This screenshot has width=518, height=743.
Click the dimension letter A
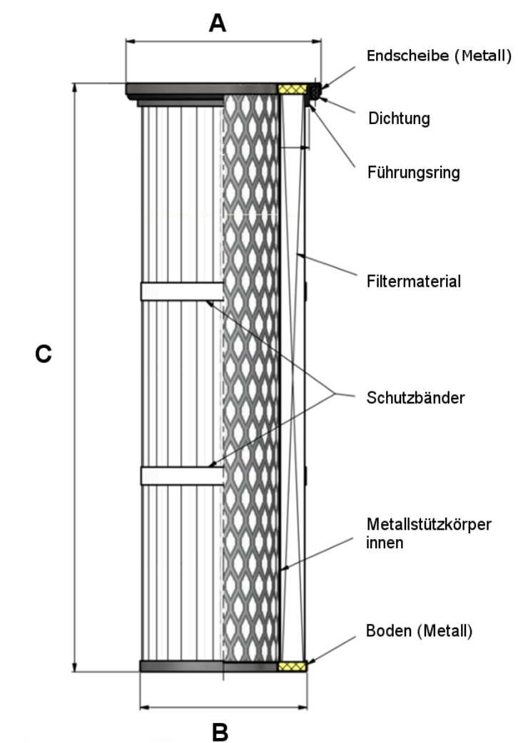pyautogui.click(x=217, y=24)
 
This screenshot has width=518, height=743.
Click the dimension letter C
pyautogui.click(x=44, y=354)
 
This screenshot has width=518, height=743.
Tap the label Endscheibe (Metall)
pyautogui.click(x=438, y=55)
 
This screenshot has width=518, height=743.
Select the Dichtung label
pyautogui.click(x=399, y=118)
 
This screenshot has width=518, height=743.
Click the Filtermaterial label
pyautogui.click(x=415, y=281)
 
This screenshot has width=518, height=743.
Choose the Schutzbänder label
pyautogui.click(x=416, y=397)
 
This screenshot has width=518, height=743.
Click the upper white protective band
pyautogui.click(x=182, y=291)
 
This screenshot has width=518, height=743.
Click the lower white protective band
pyautogui.click(x=182, y=476)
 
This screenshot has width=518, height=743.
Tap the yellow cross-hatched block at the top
pyautogui.click(x=292, y=89)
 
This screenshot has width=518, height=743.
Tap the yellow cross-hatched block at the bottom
pyautogui.click(x=292, y=666)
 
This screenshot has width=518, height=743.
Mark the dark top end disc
pyautogui.click(x=200, y=89)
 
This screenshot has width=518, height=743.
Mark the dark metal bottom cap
pyautogui.click(x=207, y=667)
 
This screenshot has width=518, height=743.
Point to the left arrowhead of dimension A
pyautogui.click(x=129, y=42)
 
